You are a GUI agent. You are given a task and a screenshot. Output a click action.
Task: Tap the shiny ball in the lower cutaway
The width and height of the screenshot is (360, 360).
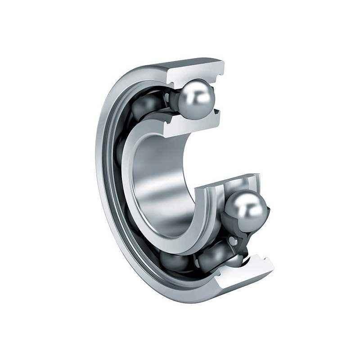pos(246,208)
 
